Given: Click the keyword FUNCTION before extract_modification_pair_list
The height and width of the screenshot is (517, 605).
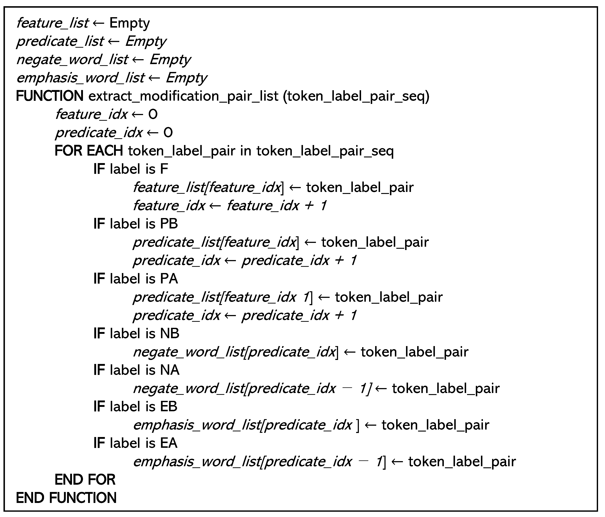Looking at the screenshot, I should [x=50, y=96].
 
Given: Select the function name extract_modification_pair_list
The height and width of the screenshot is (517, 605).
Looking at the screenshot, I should [x=183, y=96].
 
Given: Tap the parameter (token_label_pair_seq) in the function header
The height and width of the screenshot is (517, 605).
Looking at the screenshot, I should [x=356, y=96].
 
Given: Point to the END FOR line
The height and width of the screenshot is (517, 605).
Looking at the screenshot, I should [x=85, y=480].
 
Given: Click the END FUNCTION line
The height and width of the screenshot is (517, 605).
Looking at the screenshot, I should [x=66, y=498].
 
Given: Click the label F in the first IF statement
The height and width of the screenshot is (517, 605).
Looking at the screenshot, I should [x=164, y=169].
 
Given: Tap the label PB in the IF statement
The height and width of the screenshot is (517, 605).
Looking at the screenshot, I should [x=169, y=224].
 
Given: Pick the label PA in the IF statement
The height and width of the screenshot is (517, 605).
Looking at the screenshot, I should [x=169, y=279].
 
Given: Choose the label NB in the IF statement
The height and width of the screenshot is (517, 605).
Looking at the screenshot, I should [x=169, y=333].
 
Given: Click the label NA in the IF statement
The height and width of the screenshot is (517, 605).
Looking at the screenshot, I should [x=169, y=370].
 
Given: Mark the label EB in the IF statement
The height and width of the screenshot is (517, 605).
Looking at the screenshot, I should [x=168, y=406].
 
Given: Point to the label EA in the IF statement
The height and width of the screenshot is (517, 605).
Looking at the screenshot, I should [x=168, y=443].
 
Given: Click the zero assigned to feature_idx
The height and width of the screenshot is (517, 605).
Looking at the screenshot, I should [x=153, y=114].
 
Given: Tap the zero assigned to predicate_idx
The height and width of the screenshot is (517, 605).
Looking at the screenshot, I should [x=168, y=133].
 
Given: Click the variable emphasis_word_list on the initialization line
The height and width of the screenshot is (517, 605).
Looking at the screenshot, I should [x=80, y=78].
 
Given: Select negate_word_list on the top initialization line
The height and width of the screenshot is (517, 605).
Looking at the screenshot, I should [x=72, y=60].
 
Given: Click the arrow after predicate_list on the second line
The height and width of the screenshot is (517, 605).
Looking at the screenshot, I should [x=114, y=41].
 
